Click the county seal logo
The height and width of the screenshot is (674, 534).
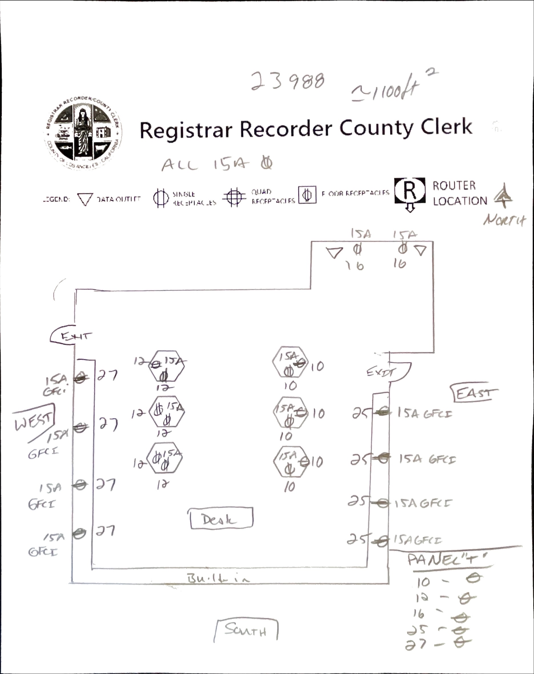click(83, 133)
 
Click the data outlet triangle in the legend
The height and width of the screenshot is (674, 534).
click(85, 199)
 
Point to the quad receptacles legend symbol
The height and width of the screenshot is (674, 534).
click(234, 197)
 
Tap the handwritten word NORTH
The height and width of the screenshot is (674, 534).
click(504, 220)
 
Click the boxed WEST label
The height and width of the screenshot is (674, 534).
click(34, 421)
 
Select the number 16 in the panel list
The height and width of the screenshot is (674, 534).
click(419, 614)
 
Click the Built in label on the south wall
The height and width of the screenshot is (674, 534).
click(218, 578)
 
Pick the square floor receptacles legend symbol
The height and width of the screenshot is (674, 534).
click(307, 195)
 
